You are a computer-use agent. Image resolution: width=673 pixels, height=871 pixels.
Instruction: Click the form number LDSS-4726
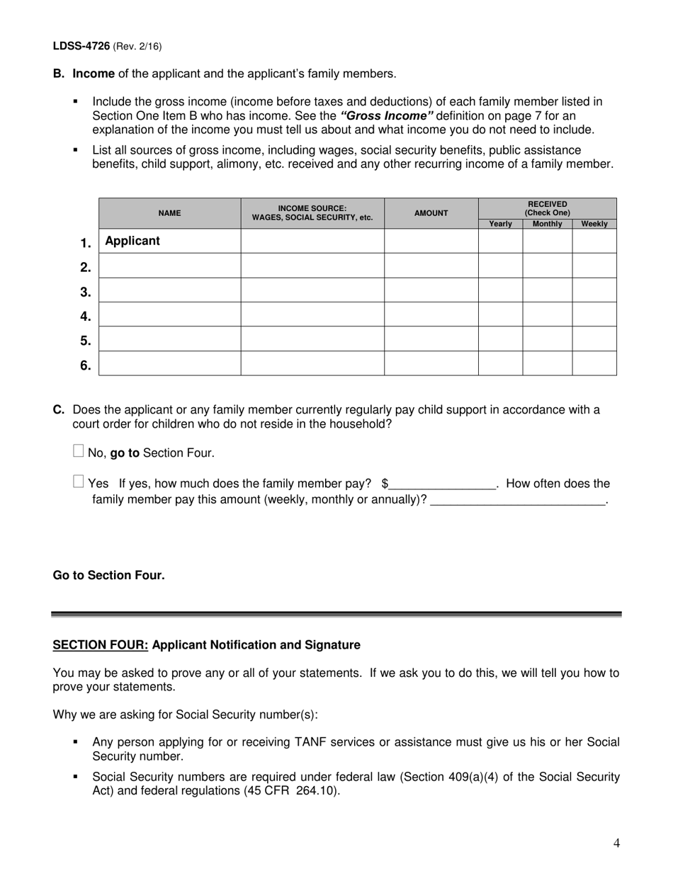pyautogui.click(x=81, y=46)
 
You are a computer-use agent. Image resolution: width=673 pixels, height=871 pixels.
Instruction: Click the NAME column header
pyautogui.click(x=169, y=213)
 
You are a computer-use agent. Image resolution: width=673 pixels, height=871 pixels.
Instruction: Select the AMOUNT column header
pyautogui.click(x=431, y=213)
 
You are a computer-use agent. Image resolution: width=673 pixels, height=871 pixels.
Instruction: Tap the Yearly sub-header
pyautogui.click(x=500, y=224)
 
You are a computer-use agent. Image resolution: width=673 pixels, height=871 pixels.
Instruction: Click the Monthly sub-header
pyautogui.click(x=547, y=224)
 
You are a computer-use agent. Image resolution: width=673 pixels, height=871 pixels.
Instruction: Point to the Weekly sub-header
pyautogui.click(x=594, y=224)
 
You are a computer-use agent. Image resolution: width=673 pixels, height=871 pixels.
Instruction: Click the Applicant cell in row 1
pyautogui.click(x=169, y=241)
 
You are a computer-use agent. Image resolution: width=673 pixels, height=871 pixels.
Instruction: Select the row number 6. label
pyautogui.click(x=85, y=365)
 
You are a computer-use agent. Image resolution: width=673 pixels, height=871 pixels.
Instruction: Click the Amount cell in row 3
pyautogui.click(x=431, y=290)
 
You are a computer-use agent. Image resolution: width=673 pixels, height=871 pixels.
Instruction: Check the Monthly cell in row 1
pyautogui.click(x=547, y=241)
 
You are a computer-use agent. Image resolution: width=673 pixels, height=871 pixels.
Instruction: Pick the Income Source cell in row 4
pyautogui.click(x=312, y=314)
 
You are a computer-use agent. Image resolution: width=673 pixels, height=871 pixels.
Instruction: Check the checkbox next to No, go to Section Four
pyautogui.click(x=79, y=450)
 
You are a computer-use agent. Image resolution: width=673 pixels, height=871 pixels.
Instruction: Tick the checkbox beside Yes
pyautogui.click(x=79, y=482)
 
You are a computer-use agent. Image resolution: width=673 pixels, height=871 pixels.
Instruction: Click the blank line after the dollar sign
pyautogui.click(x=442, y=484)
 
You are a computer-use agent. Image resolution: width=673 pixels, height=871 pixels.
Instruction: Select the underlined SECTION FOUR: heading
pyautogui.click(x=101, y=645)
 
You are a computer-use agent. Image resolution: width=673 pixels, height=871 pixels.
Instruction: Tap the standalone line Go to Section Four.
pyautogui.click(x=108, y=575)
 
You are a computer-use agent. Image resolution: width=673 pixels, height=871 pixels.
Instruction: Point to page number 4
pyautogui.click(x=616, y=843)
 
